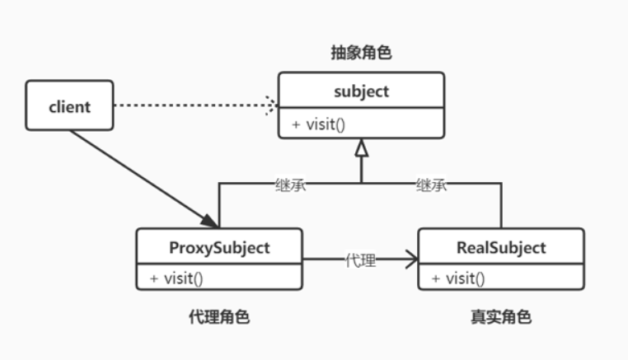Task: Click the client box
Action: (x=69, y=105)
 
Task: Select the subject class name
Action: (x=361, y=91)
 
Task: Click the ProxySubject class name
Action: (x=219, y=247)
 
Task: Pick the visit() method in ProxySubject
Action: (x=176, y=278)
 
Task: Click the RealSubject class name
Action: (x=501, y=247)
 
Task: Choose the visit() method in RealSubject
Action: (x=458, y=278)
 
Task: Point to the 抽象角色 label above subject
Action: (x=361, y=54)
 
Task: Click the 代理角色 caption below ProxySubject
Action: (x=219, y=316)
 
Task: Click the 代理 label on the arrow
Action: (x=360, y=261)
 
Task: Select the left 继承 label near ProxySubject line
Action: (x=291, y=185)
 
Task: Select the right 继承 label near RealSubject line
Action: (x=431, y=185)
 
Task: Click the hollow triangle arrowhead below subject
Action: (x=360, y=148)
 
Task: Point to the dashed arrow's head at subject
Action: (x=271, y=105)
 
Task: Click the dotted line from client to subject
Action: (x=190, y=105)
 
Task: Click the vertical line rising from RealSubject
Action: (x=501, y=206)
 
